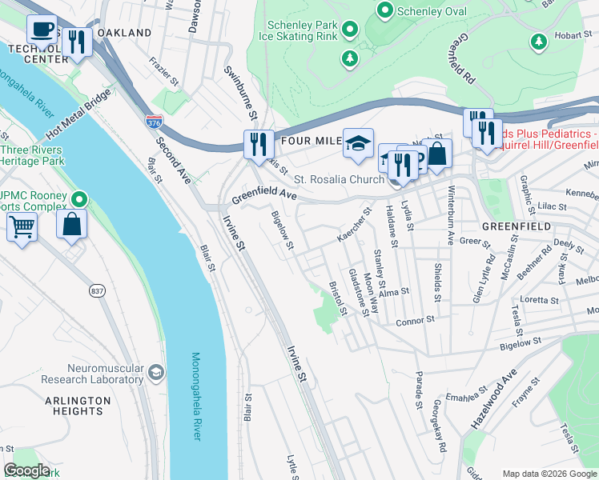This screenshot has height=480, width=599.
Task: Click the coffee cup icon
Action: (42, 30)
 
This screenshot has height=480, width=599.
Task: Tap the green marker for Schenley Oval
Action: (384, 10)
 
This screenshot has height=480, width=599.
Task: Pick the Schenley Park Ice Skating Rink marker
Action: (349, 30)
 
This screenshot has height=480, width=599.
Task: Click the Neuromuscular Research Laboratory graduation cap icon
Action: (156, 372)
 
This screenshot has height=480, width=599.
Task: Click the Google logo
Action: (26, 470)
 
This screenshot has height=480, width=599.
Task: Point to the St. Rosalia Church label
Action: (339, 179)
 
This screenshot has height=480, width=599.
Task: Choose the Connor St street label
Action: (415, 320)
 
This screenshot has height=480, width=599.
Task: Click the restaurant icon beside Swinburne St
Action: (259, 144)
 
